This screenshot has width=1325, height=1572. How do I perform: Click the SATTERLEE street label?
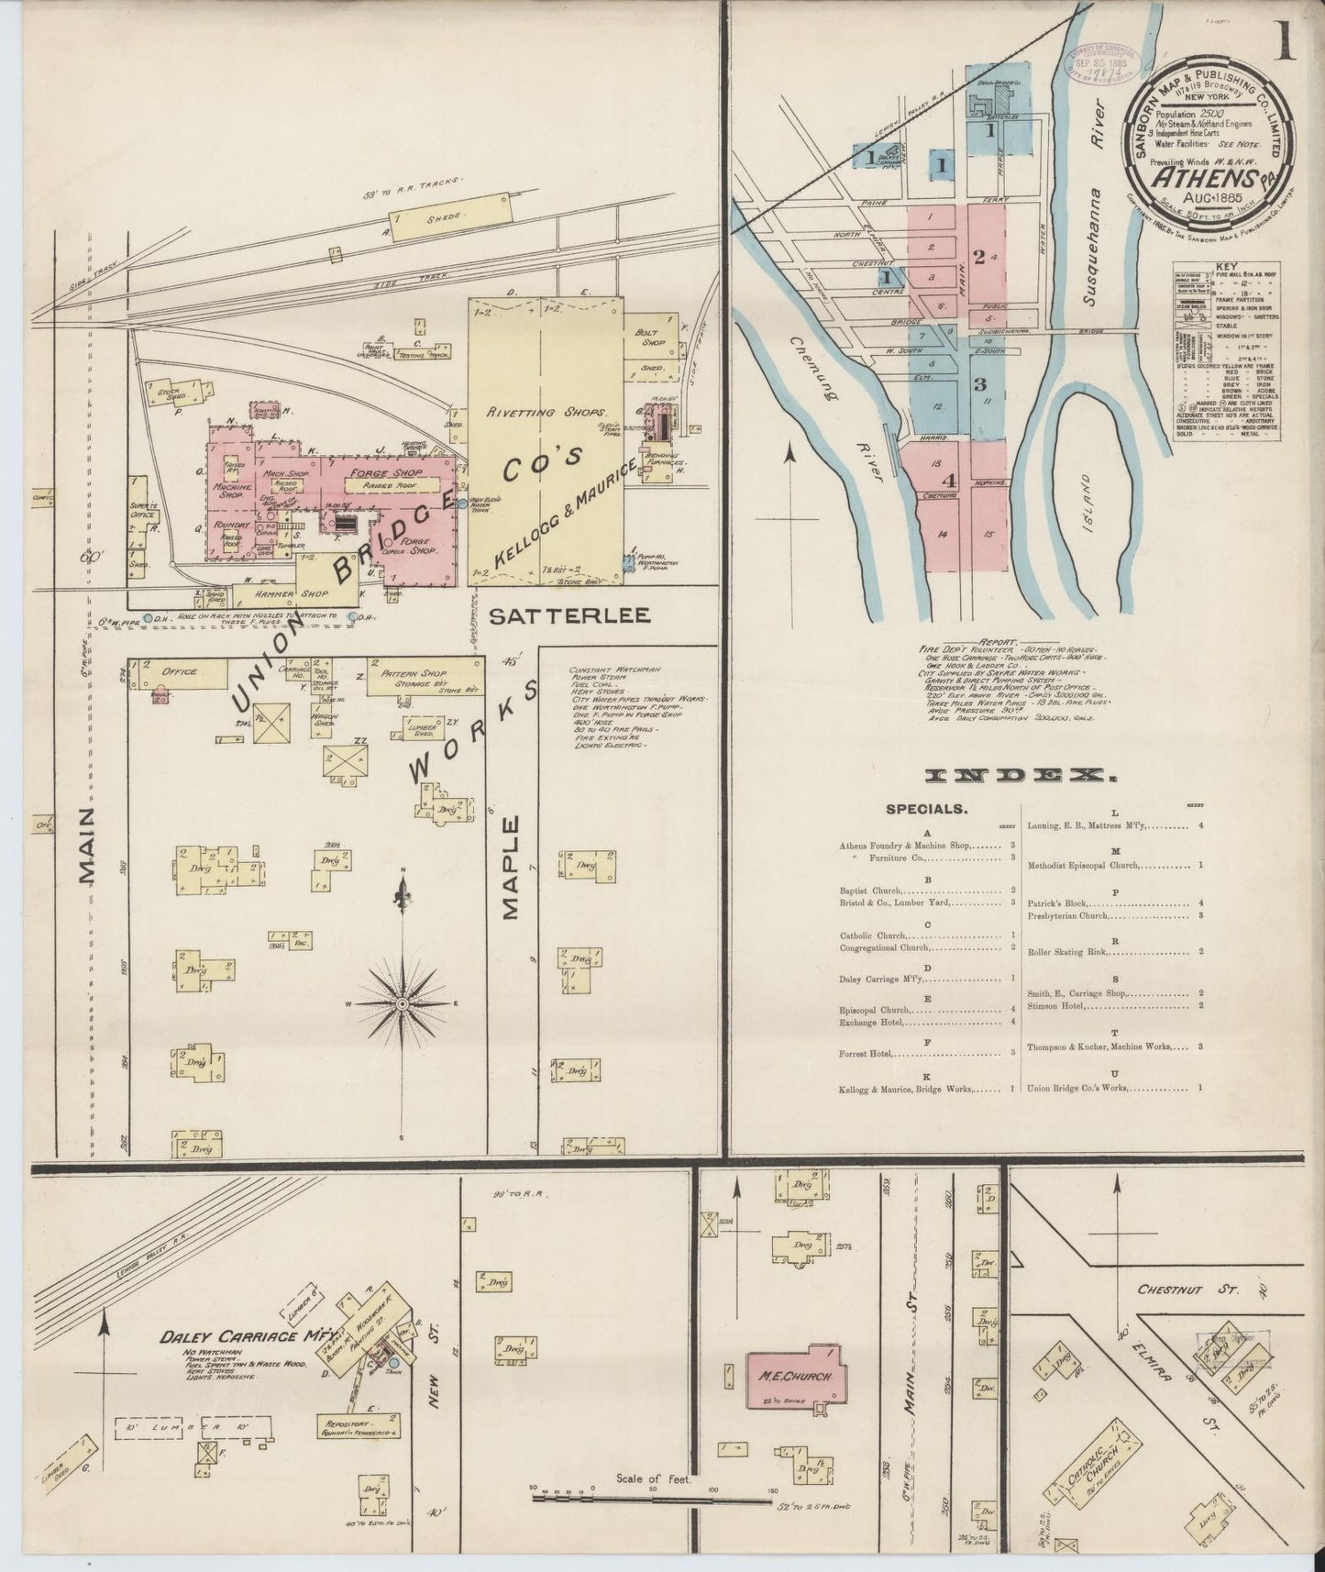pyautogui.click(x=569, y=615)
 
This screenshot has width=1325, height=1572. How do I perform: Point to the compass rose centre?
pyautogui.click(x=402, y=1005)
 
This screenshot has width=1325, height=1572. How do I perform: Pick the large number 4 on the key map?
pyautogui.click(x=951, y=480)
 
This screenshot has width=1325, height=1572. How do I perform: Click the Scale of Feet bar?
pyautogui.click(x=651, y=1501)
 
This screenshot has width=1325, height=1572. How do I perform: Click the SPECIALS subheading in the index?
pyautogui.click(x=925, y=810)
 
